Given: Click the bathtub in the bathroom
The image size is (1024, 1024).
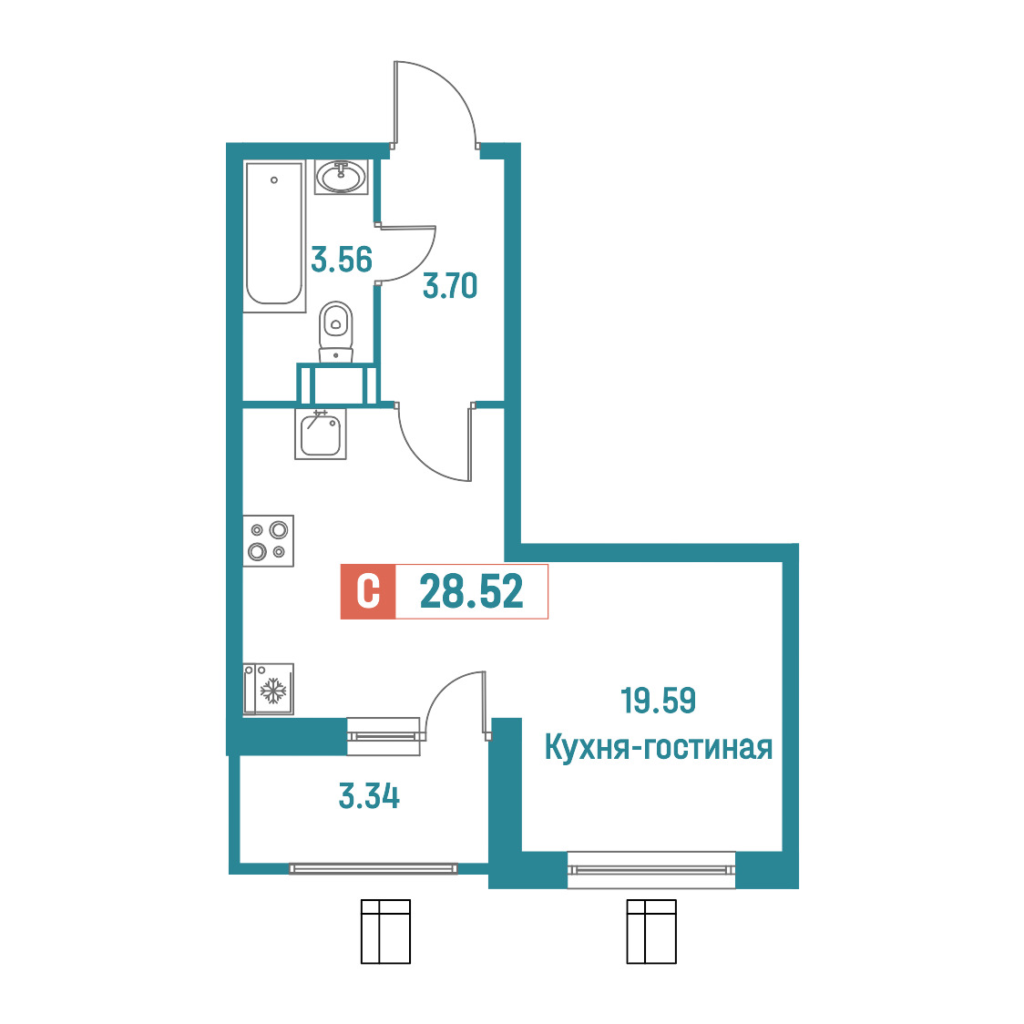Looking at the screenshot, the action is [275, 236].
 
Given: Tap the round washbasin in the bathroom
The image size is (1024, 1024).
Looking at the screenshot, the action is [341, 177].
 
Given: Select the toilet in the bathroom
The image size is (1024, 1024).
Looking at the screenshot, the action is [335, 331].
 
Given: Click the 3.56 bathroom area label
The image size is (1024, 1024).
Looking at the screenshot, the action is [342, 260].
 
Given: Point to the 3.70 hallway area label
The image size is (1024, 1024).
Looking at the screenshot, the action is [450, 286].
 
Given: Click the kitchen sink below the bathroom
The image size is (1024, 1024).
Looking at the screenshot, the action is [320, 435].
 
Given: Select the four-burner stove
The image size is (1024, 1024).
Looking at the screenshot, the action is [269, 541].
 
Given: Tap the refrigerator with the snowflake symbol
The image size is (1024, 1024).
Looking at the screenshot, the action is [269, 690].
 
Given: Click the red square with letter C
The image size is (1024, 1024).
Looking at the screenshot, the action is [368, 591].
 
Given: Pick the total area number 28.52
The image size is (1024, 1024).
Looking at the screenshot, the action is [472, 591].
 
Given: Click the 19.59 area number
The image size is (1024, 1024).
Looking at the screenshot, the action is [659, 701].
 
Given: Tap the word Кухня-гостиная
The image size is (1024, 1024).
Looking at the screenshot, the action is [659, 748].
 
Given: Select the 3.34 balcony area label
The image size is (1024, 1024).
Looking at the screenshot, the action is [369, 797].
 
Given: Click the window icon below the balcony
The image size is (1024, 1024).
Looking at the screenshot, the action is [385, 931].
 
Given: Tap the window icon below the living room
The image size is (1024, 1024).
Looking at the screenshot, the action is [651, 931].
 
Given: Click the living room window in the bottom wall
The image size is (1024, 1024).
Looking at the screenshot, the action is [651, 870].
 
